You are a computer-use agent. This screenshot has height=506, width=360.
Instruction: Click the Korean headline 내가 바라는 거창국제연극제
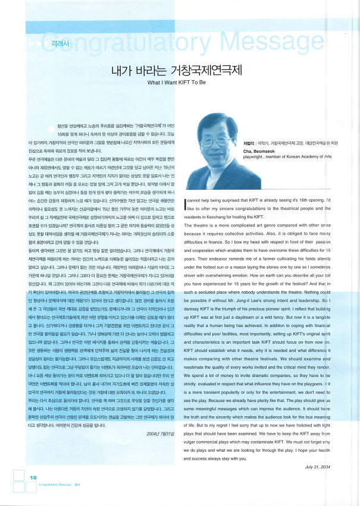[x=177, y=71]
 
